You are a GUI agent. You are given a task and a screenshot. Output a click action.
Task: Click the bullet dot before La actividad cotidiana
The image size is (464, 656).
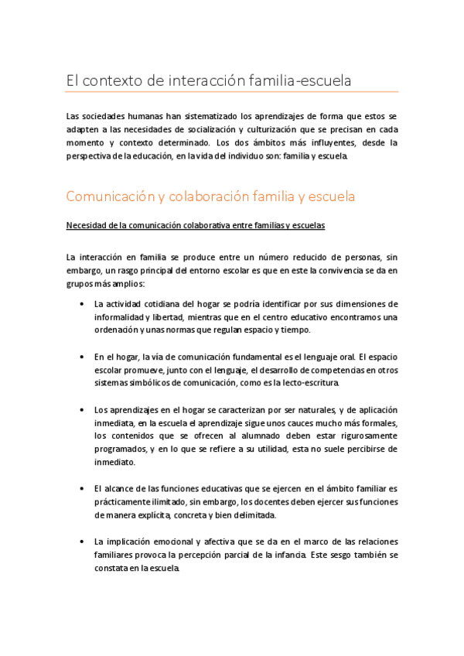[83, 303]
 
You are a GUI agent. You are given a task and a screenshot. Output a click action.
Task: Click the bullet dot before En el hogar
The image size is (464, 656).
[83, 357]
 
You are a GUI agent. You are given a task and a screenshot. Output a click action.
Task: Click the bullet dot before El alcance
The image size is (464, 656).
[83, 490]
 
